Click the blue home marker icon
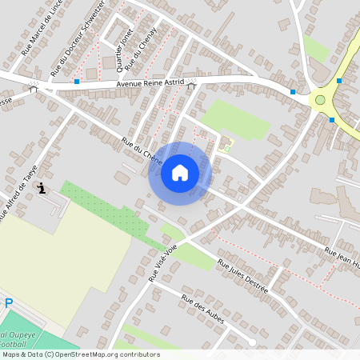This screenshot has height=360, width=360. pos(180,173)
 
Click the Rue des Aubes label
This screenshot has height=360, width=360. pos(203,310)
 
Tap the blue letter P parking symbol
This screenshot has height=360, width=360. pos(8,304)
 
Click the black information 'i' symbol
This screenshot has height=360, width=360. pos(41,188)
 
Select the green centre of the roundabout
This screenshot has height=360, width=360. pos(320,100)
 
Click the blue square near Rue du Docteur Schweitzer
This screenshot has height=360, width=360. pos(77,82)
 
